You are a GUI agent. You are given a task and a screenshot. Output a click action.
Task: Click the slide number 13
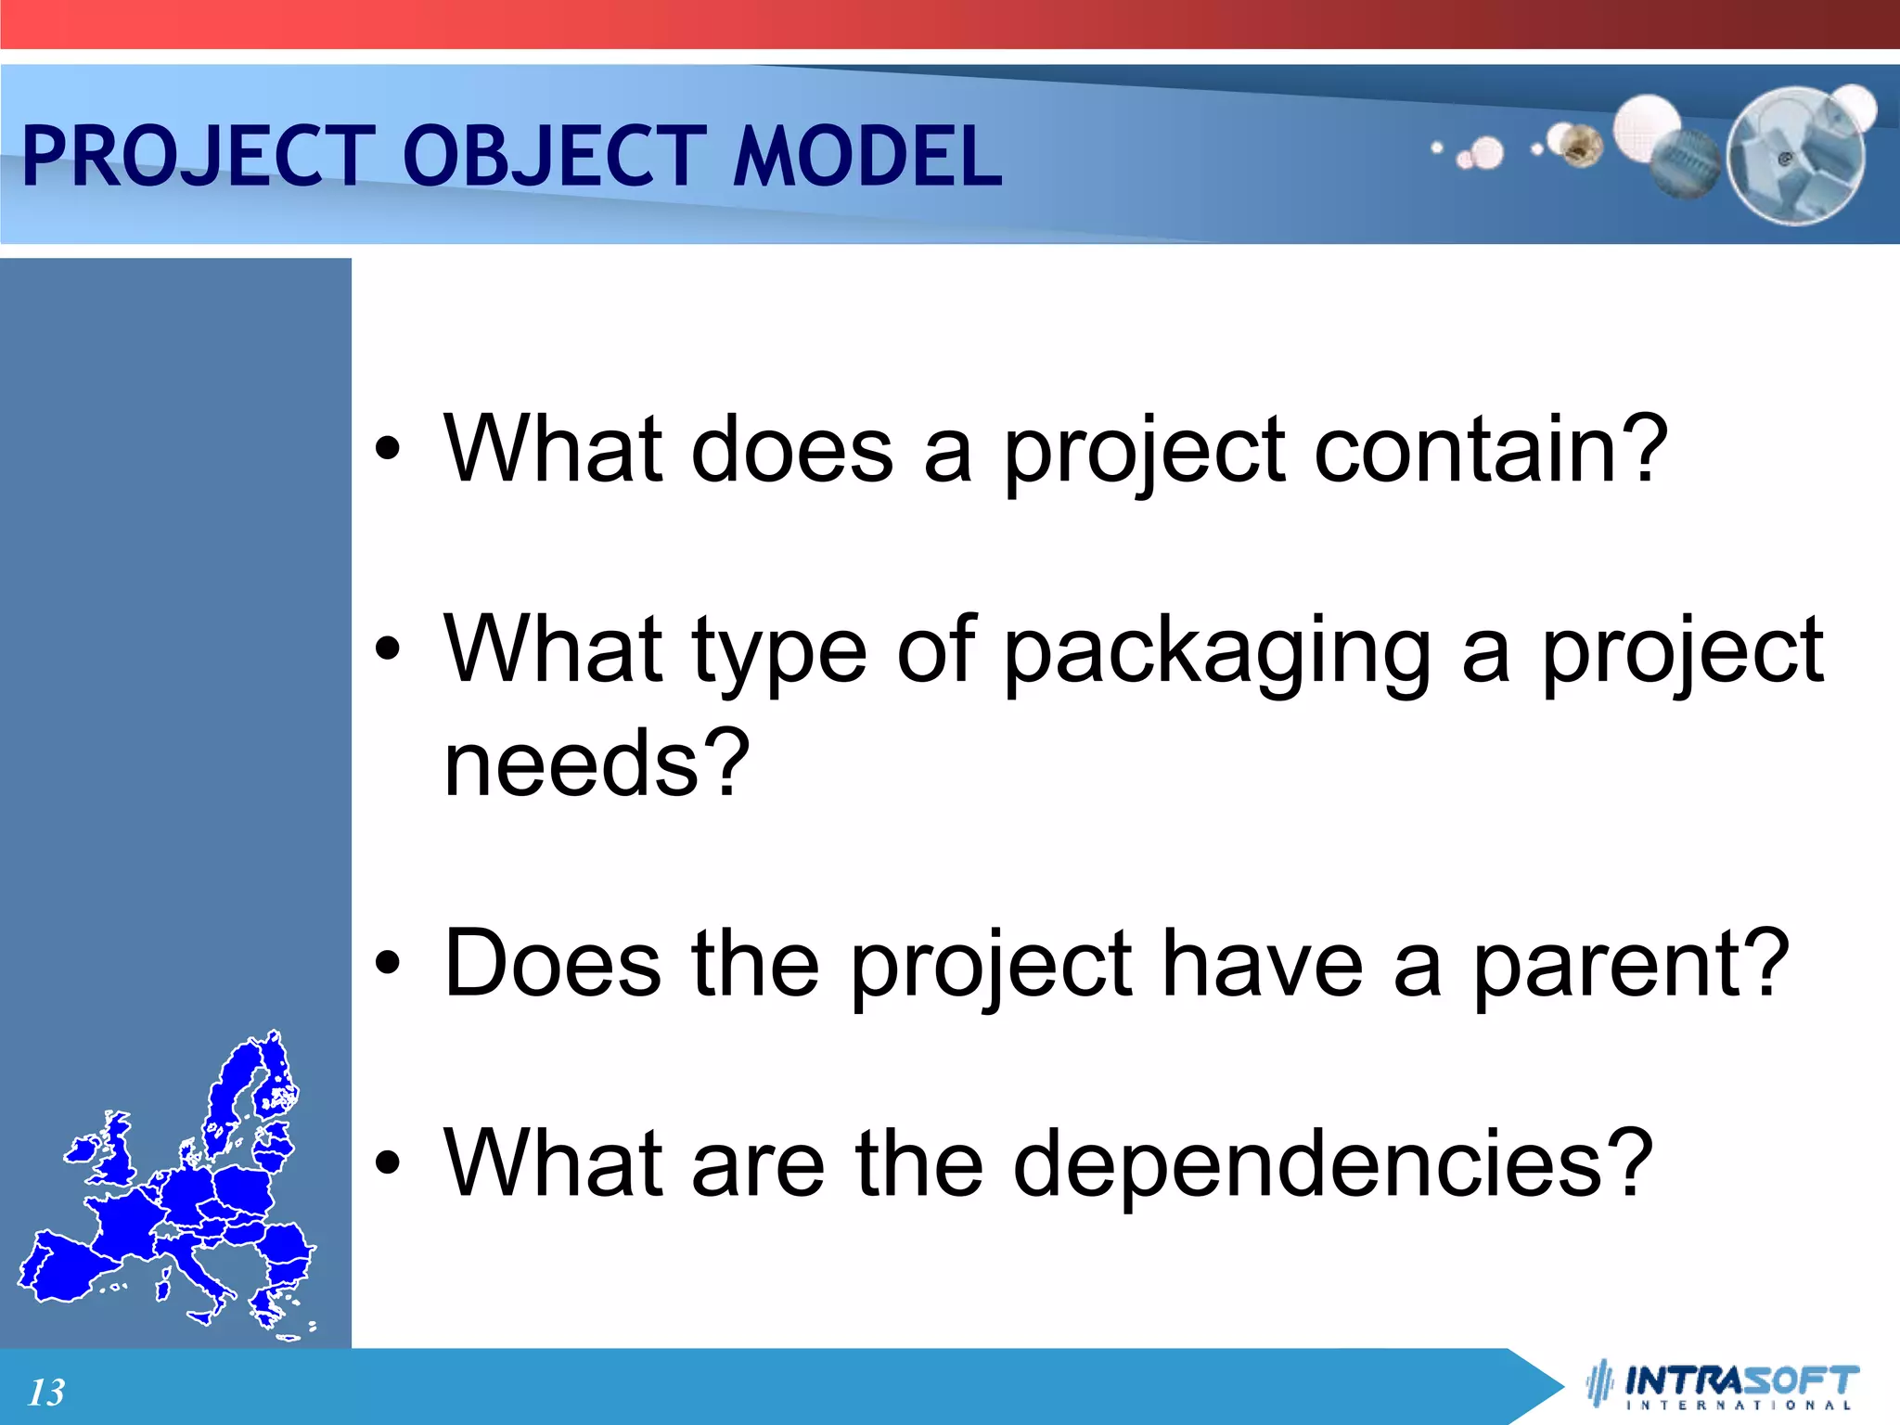[46, 1392]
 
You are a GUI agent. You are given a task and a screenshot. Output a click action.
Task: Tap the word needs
[571, 763]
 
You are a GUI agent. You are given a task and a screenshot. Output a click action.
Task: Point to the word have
[1262, 965]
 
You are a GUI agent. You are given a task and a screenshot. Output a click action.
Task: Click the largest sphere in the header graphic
[1796, 156]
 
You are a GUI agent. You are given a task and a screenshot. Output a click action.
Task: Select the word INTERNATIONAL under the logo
[1740, 1406]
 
